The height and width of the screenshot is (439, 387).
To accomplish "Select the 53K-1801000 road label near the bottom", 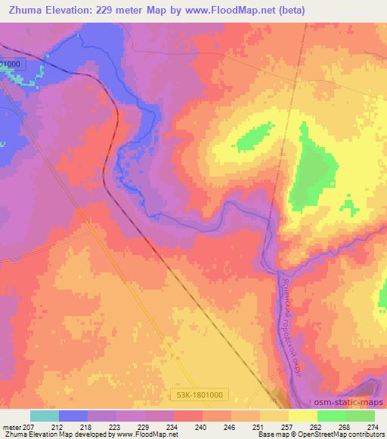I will (x=202, y=393).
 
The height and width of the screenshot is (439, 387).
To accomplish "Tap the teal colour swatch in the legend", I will (x=45, y=416).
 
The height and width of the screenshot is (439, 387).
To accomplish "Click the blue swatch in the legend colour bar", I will (x=73, y=416).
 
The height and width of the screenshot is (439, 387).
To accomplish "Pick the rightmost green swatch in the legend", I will (x=361, y=416).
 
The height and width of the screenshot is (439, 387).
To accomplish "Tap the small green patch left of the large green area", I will (x=255, y=138).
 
